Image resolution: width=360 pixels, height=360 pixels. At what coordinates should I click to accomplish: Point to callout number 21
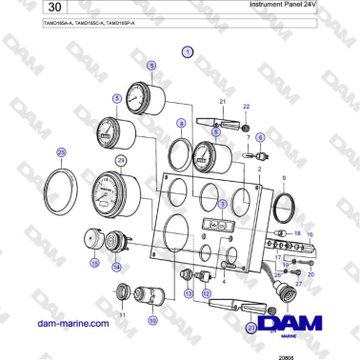pyautogui.click(x=222, y=100)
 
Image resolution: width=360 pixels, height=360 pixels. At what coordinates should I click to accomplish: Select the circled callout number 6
pyautogui.click(x=261, y=137)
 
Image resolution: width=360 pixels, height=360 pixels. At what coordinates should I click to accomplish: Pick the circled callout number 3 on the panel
pyautogui.click(x=222, y=203)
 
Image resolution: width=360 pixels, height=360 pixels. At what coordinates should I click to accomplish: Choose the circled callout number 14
pyautogui.click(x=117, y=268)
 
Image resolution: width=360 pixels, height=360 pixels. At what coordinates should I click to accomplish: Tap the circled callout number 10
pyautogui.click(x=152, y=321)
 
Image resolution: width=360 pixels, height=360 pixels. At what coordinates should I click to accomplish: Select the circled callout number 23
pyautogui.click(x=251, y=327)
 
